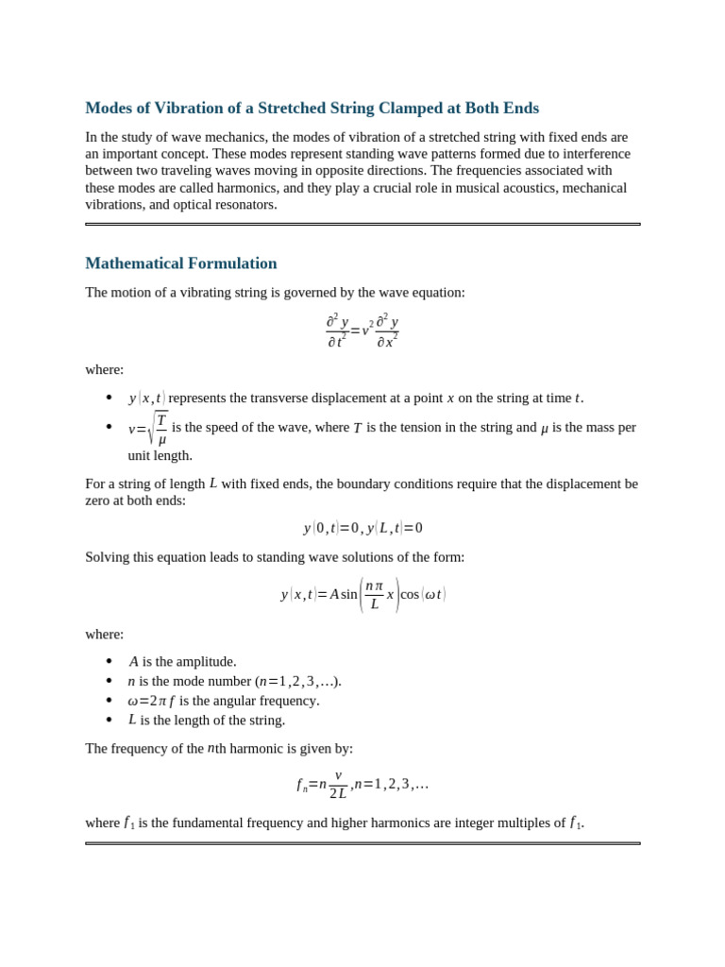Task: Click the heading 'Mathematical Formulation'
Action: (x=181, y=263)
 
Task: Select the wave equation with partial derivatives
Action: (x=362, y=331)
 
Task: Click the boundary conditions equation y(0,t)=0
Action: (x=362, y=528)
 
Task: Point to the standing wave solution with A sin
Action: (x=362, y=594)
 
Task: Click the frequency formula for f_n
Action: (x=362, y=784)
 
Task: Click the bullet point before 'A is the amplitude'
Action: (x=110, y=661)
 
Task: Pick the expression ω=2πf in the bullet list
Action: (x=151, y=701)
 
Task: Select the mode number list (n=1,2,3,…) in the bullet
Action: (x=298, y=681)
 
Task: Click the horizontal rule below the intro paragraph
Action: (x=362, y=224)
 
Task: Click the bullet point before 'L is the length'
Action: (x=110, y=720)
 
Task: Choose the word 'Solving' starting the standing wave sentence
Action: (x=109, y=557)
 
